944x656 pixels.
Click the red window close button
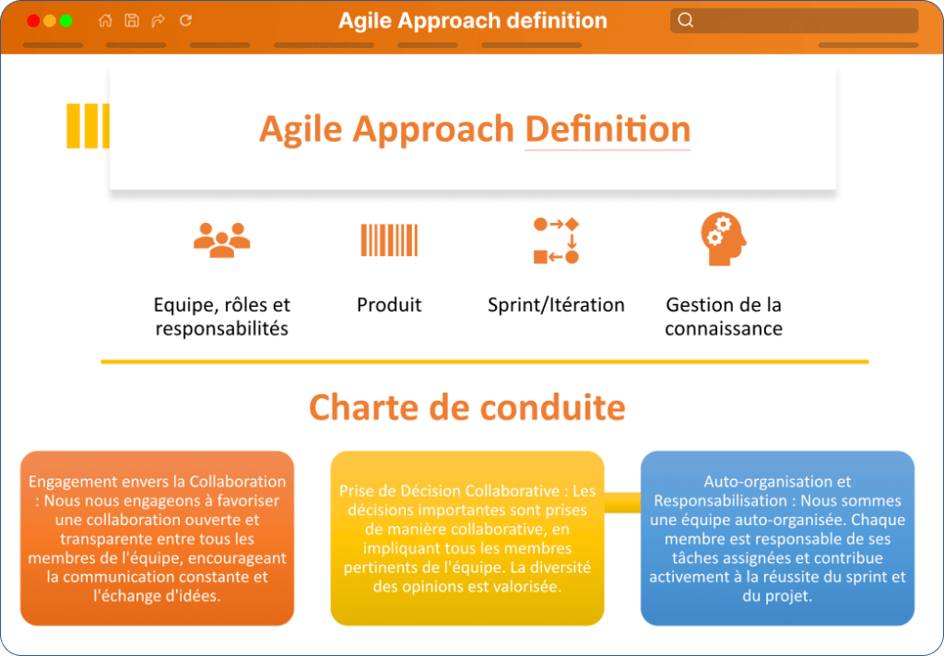(34, 21)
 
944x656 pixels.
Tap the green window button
(66, 21)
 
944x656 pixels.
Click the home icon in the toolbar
(105, 20)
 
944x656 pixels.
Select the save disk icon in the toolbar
(132, 20)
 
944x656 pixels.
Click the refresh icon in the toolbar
(185, 20)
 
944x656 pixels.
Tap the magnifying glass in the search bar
(685, 20)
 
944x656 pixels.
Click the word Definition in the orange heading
(608, 129)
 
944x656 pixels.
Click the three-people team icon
(221, 240)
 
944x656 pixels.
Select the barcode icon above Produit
(389, 240)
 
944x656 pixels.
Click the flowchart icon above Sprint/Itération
(556, 240)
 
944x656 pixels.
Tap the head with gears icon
(724, 239)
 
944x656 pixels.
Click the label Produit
(389, 305)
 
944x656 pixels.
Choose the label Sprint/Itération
(556, 305)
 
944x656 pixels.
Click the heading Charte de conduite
(467, 407)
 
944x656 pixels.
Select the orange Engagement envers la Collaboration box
(157, 538)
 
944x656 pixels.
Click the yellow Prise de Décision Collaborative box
(467, 538)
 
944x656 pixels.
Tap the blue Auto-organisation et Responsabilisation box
(777, 538)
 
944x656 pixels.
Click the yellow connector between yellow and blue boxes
(622, 502)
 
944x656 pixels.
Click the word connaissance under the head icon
(724, 329)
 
